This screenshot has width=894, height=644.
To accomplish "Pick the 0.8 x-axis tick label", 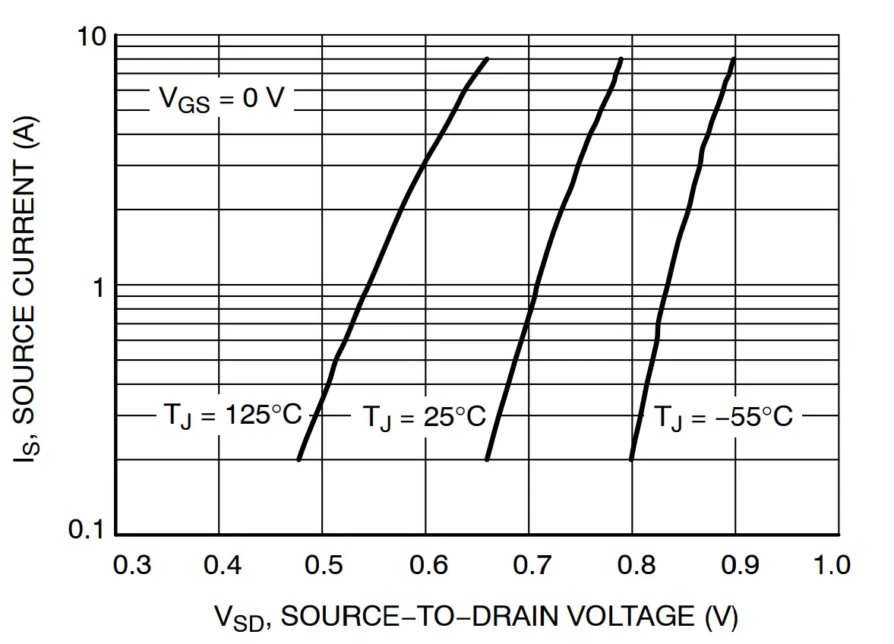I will point(632,565).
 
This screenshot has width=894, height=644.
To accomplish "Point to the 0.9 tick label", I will point(735,565).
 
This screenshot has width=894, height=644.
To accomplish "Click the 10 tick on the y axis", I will point(91,36).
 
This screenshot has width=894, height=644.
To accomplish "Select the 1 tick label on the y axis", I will point(97,287).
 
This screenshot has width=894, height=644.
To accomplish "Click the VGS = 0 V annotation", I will point(220,99).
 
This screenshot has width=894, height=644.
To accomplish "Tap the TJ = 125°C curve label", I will point(232,415).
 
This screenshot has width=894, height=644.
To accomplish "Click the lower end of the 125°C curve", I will point(299,459).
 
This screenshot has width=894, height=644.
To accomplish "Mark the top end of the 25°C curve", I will point(621,59).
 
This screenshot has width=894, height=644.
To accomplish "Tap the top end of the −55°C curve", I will point(733,59).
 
